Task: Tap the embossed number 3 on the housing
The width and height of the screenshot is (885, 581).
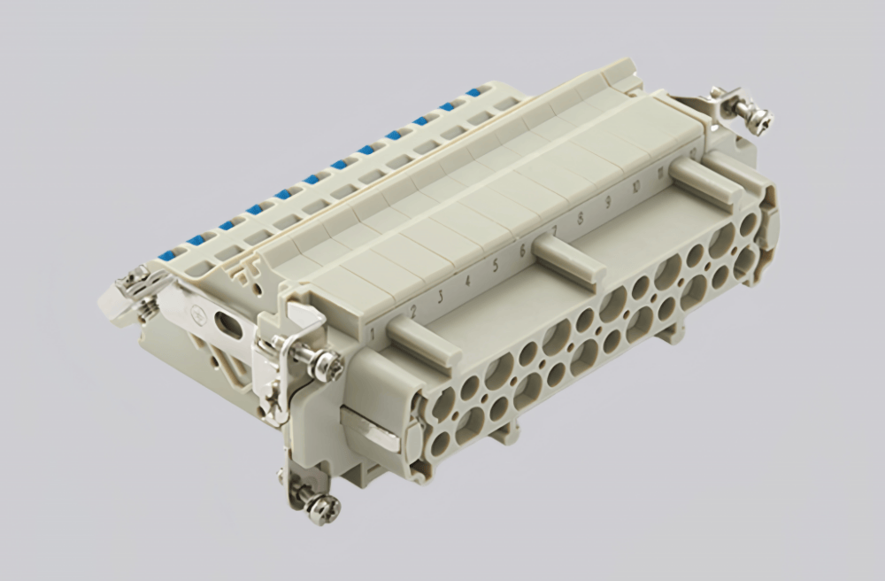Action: (439, 294)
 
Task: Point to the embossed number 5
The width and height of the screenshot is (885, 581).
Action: (496, 263)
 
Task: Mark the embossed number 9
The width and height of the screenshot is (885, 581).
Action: (609, 202)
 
